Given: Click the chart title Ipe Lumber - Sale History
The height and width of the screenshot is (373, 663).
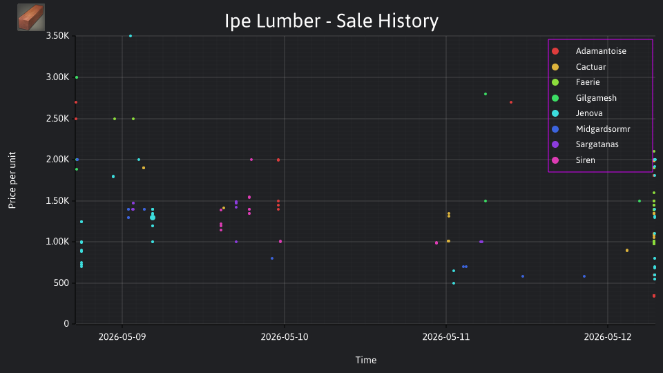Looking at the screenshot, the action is (x=331, y=21).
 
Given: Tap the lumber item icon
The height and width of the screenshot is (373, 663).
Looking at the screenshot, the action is (x=31, y=17).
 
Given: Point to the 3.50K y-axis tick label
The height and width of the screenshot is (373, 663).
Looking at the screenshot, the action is (x=57, y=36).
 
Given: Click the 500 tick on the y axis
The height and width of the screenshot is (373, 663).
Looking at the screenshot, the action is (x=61, y=283).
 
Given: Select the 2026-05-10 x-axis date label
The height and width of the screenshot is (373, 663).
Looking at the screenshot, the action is (x=285, y=336).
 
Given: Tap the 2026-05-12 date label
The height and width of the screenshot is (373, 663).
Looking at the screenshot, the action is (x=608, y=336).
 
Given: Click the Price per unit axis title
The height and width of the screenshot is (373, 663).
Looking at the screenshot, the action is (x=12, y=180).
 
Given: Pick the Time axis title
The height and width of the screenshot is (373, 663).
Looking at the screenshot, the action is (x=366, y=360).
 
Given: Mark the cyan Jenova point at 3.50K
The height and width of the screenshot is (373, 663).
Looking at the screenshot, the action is (x=131, y=36).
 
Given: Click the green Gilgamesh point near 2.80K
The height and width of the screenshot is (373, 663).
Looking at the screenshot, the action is (x=486, y=94).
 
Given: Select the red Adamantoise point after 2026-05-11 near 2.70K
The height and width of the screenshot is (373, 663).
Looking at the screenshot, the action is (x=511, y=102).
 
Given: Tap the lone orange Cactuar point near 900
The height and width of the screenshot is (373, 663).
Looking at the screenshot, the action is (x=627, y=250).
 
